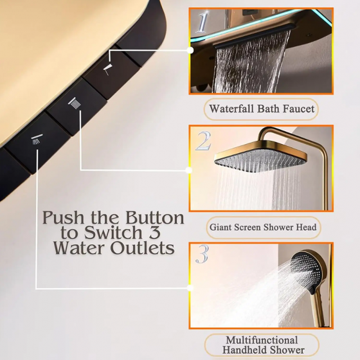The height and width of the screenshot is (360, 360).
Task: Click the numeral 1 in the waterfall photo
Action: click(x=202, y=22)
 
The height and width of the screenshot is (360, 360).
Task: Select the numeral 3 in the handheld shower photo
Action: click(x=202, y=255)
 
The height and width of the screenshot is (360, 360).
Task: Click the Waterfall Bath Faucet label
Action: click(x=261, y=109)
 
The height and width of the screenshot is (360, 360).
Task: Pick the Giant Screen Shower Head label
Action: click(x=261, y=227)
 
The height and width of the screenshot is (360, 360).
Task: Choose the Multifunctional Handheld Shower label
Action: click(x=261, y=345)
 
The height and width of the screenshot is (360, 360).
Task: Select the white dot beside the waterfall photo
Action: click(x=190, y=49)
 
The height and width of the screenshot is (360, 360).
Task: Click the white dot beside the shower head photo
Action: click(x=189, y=170)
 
